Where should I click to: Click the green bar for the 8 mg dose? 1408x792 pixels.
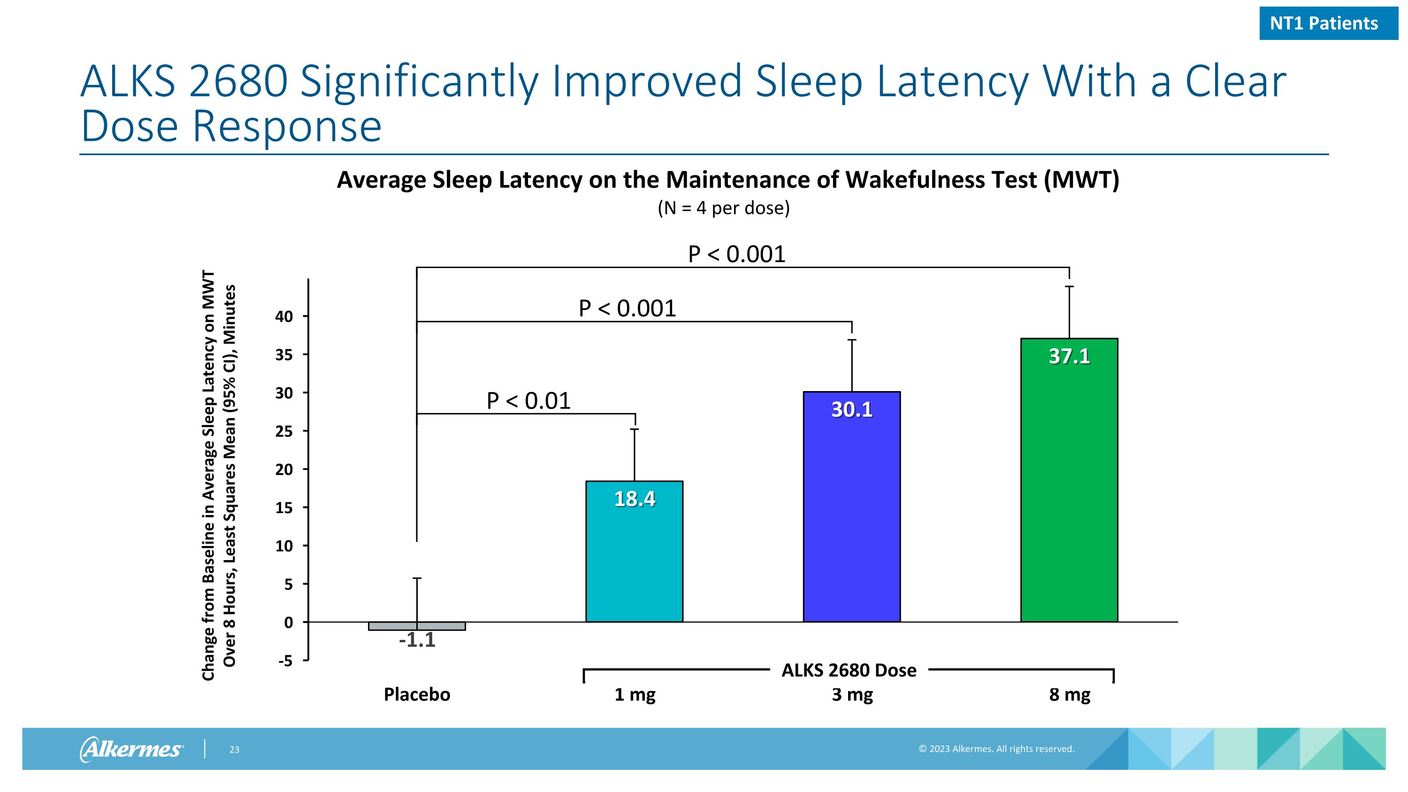click(x=1069, y=492)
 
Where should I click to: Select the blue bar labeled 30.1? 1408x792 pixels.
click(x=851, y=519)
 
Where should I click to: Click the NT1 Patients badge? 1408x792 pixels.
click(x=1328, y=23)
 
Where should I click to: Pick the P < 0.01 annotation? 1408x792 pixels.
click(x=528, y=401)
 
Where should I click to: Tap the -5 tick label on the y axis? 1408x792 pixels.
click(x=285, y=661)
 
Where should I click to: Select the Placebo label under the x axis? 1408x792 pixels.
click(x=417, y=695)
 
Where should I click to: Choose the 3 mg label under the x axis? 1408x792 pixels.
click(x=852, y=695)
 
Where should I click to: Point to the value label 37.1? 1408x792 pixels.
click(x=1069, y=356)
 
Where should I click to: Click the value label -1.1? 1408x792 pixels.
click(x=417, y=640)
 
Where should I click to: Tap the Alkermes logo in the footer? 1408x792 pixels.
click(x=132, y=749)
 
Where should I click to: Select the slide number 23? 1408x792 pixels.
click(x=234, y=750)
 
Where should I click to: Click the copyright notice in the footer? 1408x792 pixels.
click(x=996, y=749)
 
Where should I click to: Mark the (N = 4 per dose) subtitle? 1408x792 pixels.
click(x=724, y=208)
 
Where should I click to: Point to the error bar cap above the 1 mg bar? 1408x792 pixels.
click(x=635, y=430)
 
